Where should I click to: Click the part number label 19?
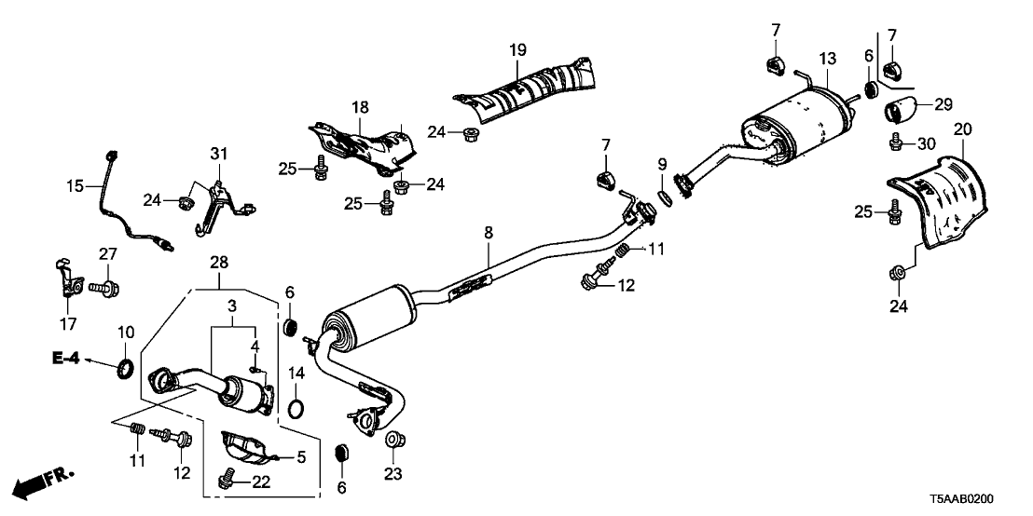(x=518, y=48)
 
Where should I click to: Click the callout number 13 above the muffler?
(x=827, y=60)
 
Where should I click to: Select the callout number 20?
(x=963, y=129)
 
